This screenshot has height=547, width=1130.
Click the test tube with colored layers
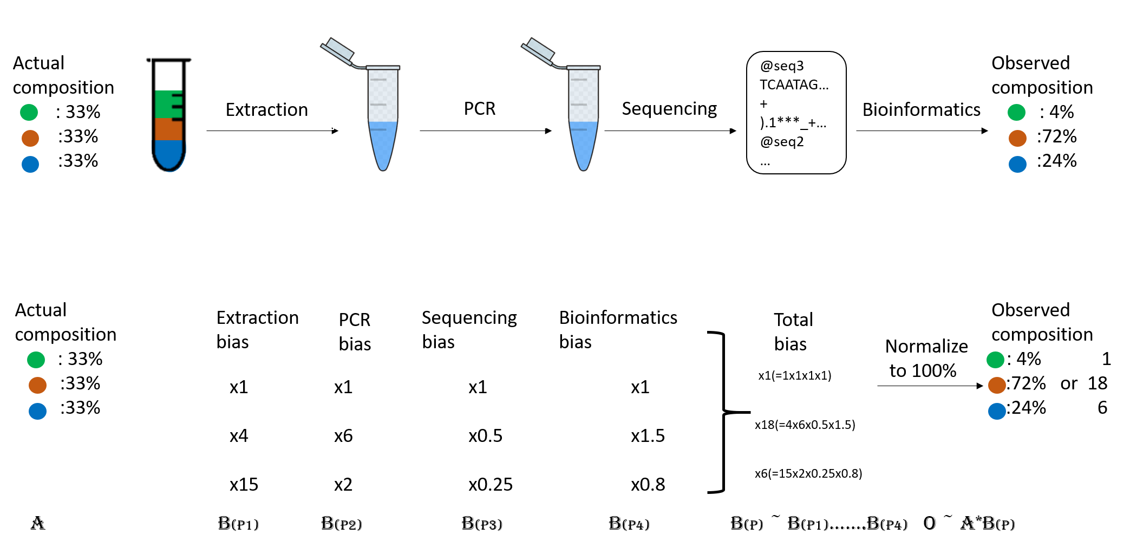(x=169, y=115)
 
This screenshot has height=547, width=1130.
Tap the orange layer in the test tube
(x=168, y=129)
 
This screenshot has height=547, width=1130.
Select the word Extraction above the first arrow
(x=266, y=109)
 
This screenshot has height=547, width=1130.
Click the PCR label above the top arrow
(x=480, y=108)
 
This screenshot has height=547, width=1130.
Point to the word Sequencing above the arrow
(x=669, y=109)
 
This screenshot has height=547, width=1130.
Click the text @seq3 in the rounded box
(x=782, y=66)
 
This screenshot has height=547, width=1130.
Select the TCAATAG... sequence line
(x=794, y=84)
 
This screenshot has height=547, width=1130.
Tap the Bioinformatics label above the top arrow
(x=921, y=109)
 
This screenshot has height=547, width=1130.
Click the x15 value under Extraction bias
(x=244, y=484)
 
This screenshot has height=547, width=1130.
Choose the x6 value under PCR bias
(x=343, y=435)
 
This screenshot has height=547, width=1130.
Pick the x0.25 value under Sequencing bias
(x=490, y=484)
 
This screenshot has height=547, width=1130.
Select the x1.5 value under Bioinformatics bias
(x=648, y=435)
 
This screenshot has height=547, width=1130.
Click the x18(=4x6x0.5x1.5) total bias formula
(x=805, y=425)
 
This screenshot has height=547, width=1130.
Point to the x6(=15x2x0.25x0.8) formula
(x=808, y=473)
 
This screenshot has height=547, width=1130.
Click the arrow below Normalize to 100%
(x=930, y=386)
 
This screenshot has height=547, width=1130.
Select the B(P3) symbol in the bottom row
(x=482, y=523)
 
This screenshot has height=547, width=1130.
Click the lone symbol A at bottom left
(x=37, y=523)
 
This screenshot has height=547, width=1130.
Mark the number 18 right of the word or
(x=1098, y=383)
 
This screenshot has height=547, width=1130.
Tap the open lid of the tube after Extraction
(x=337, y=51)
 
